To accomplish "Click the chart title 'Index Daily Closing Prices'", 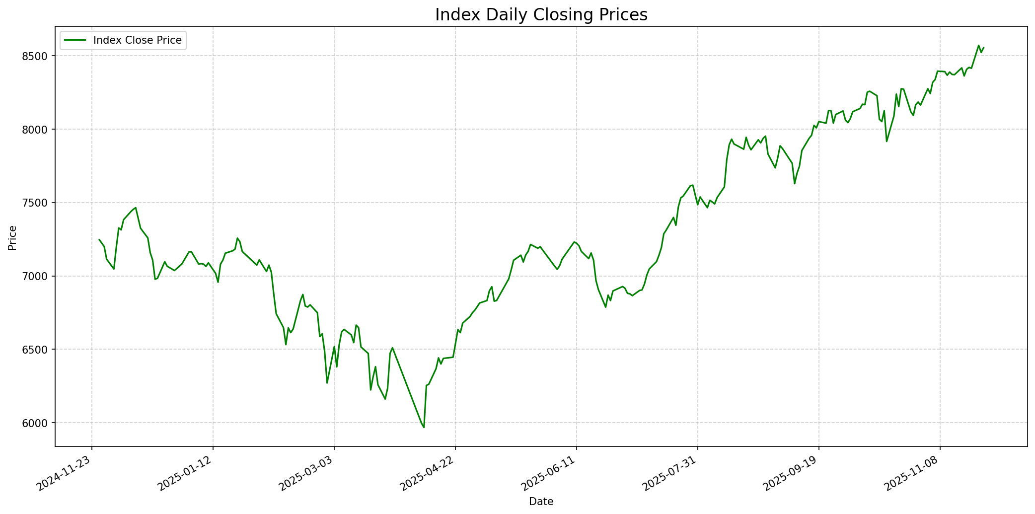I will point(541,15).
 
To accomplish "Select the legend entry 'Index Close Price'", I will point(137,40).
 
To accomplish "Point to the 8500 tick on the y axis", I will point(37,56).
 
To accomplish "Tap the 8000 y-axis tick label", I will point(37,130).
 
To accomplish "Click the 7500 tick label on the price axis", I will point(37,203).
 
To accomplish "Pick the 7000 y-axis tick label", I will point(37,277).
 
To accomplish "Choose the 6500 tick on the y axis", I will point(37,350).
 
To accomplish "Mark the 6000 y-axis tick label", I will point(37,423).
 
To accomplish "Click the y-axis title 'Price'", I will point(12,238).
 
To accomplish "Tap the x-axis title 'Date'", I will point(541,502).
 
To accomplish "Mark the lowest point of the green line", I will point(424,427).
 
